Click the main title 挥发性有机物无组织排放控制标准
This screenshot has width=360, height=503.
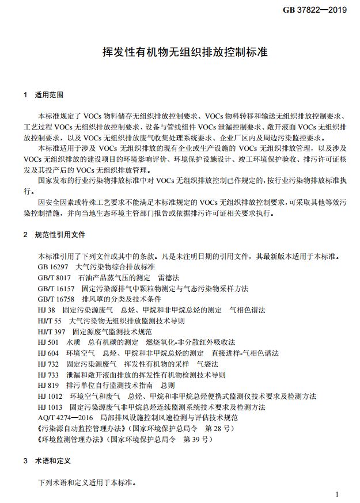[x=180, y=53]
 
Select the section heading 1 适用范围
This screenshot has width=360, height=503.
[x=44, y=94]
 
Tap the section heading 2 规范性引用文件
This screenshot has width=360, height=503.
[x=55, y=235]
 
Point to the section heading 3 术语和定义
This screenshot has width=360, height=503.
[x=47, y=461]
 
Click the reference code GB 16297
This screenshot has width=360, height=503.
[x=53, y=268]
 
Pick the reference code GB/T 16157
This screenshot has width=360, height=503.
[x=56, y=288]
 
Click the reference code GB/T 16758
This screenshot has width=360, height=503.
[x=56, y=299]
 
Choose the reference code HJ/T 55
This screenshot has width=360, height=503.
[x=50, y=321]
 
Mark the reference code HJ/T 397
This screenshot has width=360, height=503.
[x=51, y=331]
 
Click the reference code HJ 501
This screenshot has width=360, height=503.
[x=49, y=342]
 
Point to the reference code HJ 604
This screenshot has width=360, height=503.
[x=49, y=353]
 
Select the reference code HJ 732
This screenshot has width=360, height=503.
[x=49, y=364]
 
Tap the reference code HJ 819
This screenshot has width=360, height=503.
[x=49, y=385]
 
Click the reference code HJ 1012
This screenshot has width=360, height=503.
[x=51, y=396]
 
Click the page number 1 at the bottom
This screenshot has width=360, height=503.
[x=337, y=494]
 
